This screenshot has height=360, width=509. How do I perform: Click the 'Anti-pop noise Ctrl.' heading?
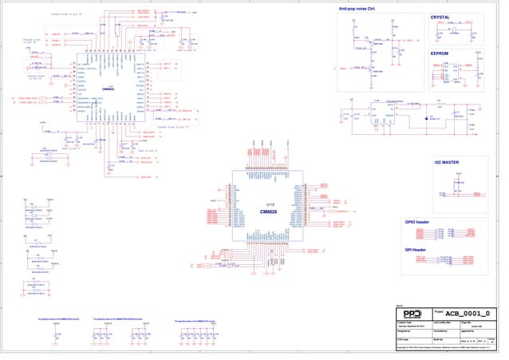tap(357, 8)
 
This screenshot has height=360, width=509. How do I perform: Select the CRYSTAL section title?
tap(440, 17)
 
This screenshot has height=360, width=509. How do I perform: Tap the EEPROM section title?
tap(440, 53)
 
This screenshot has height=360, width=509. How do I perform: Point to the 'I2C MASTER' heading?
tap(448, 162)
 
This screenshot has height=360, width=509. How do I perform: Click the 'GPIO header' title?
tap(417, 222)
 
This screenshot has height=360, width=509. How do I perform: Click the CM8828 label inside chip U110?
tap(269, 212)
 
